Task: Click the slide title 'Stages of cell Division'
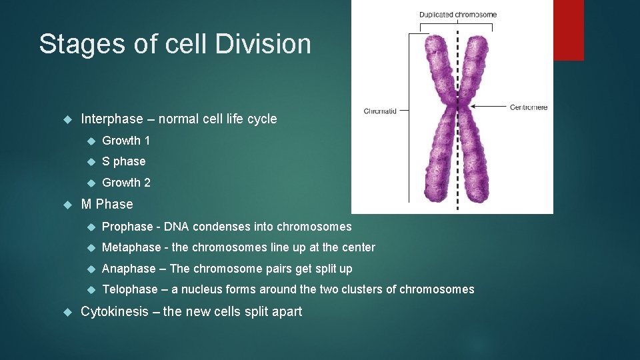(x=175, y=45)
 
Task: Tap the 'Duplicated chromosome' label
(x=457, y=15)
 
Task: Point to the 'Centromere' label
(x=528, y=107)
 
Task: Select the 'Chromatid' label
(x=380, y=111)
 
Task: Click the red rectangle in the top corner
(x=569, y=30)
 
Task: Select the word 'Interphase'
(x=111, y=119)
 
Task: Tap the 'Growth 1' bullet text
(x=126, y=141)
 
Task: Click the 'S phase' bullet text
(x=123, y=161)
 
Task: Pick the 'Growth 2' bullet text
(x=126, y=183)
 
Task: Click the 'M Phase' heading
(x=107, y=204)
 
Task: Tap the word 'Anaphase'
(x=129, y=269)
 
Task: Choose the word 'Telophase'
(x=130, y=289)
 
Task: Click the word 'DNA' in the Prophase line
(x=176, y=227)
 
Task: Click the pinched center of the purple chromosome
(x=457, y=107)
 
